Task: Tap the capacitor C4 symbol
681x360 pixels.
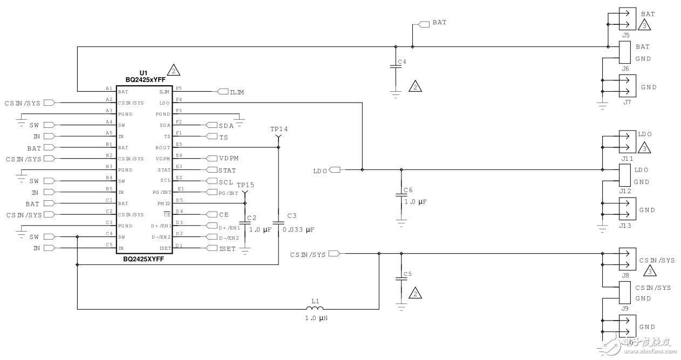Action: pyautogui.click(x=396, y=67)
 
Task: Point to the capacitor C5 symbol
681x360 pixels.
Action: pyautogui.click(x=401, y=279)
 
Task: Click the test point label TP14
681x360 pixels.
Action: pyautogui.click(x=279, y=130)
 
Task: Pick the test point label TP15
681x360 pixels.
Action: pyautogui.click(x=245, y=185)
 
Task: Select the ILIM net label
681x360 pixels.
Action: pyautogui.click(x=236, y=92)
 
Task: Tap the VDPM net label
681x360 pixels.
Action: pyautogui.click(x=228, y=159)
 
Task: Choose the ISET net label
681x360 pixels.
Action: pyautogui.click(x=227, y=248)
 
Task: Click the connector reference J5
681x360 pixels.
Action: pyautogui.click(x=625, y=35)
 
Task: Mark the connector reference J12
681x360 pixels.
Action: pyautogui.click(x=625, y=191)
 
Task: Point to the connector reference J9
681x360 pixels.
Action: pyautogui.click(x=625, y=308)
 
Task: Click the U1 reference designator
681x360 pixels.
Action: pyautogui.click(x=144, y=72)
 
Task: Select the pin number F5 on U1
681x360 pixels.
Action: pyautogui.click(x=179, y=87)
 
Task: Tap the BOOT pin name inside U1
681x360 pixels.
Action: pyautogui.click(x=162, y=147)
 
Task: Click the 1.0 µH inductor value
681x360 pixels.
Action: pyautogui.click(x=316, y=318)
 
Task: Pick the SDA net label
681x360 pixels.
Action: pyautogui.click(x=226, y=125)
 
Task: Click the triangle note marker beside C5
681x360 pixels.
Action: pyautogui.click(x=415, y=294)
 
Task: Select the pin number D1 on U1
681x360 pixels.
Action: pyautogui.click(x=179, y=244)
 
